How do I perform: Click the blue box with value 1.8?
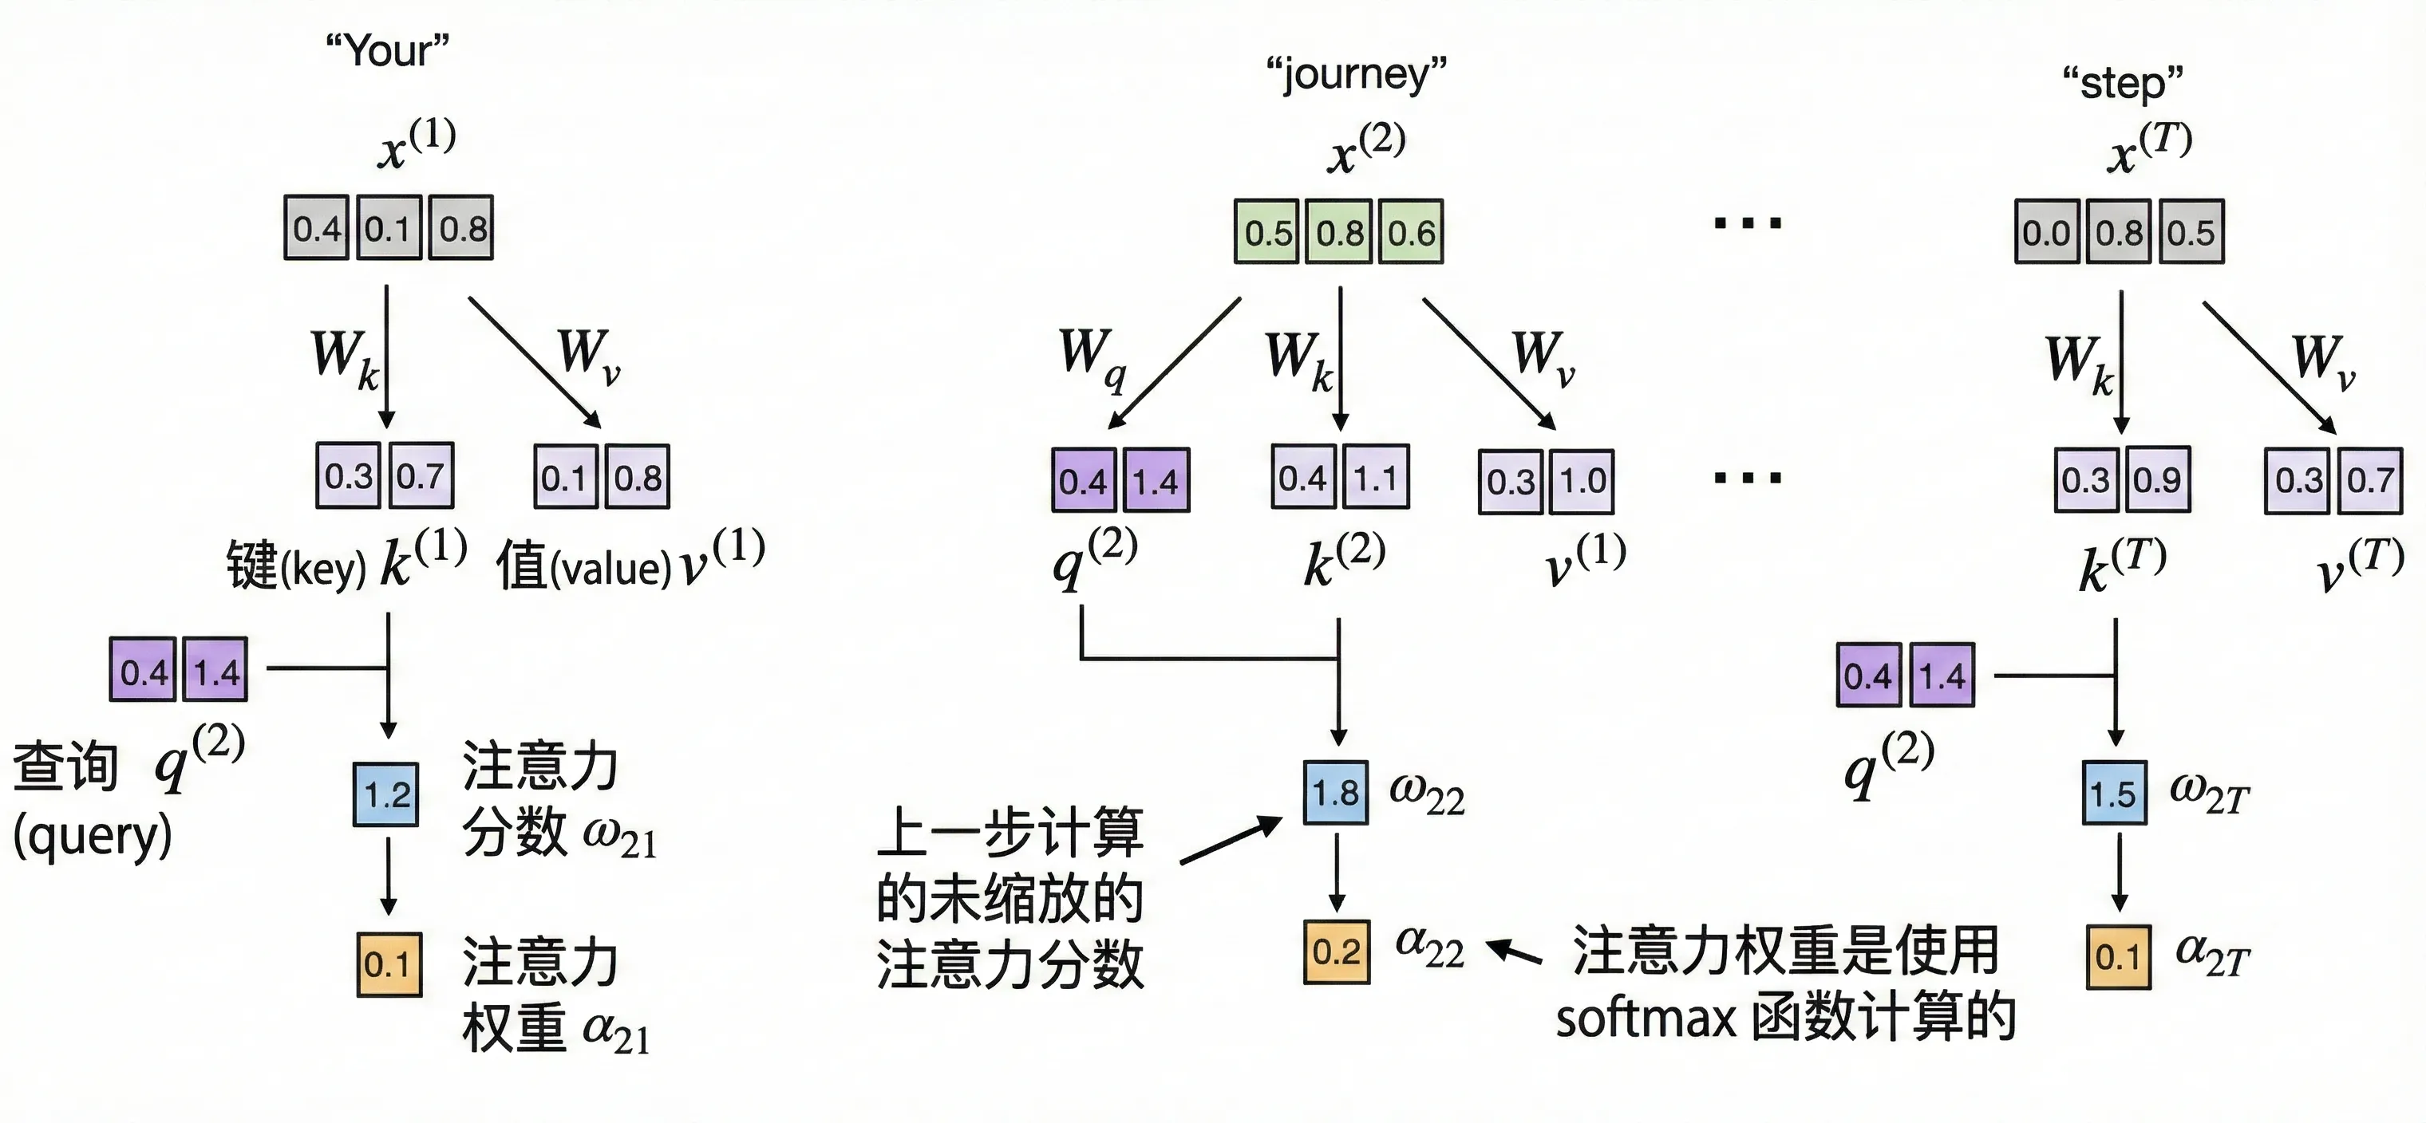(x=1335, y=793)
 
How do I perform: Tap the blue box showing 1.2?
(x=386, y=795)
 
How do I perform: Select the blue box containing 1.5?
(x=2114, y=794)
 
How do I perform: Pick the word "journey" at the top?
(x=1356, y=73)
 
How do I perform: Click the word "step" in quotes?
(x=2122, y=83)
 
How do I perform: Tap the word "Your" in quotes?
(x=387, y=49)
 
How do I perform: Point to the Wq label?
(x=1091, y=357)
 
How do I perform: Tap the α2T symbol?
(x=2211, y=956)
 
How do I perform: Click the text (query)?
(x=93, y=836)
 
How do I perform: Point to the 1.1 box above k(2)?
(x=1376, y=479)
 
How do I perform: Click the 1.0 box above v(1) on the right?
(x=1582, y=482)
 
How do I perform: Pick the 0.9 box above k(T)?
(x=2156, y=480)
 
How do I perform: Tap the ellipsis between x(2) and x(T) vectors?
(x=1747, y=224)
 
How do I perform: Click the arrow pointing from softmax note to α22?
(x=1515, y=952)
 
